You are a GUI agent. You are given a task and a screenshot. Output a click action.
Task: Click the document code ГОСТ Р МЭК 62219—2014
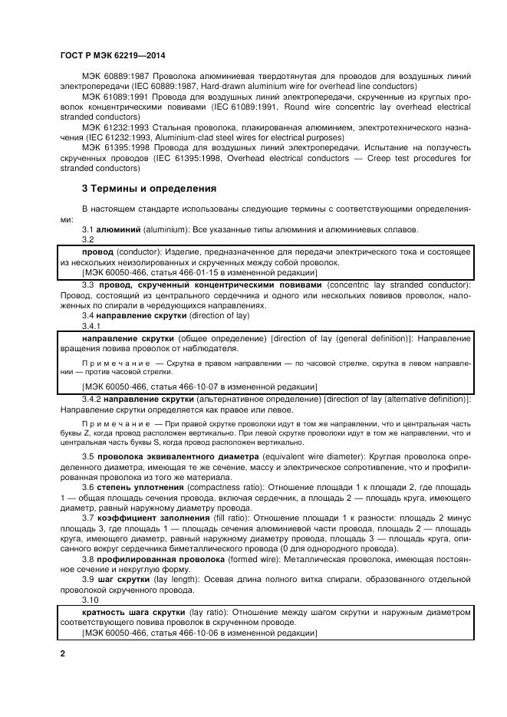113,56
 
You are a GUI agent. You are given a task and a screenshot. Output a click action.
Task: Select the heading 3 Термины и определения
149,188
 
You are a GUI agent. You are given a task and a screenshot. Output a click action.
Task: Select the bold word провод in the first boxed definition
98,252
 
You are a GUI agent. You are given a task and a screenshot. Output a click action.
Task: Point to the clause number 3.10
91,600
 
